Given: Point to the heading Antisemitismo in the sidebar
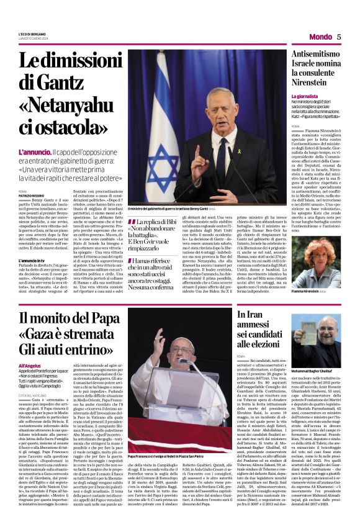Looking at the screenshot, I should (x=317, y=55).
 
